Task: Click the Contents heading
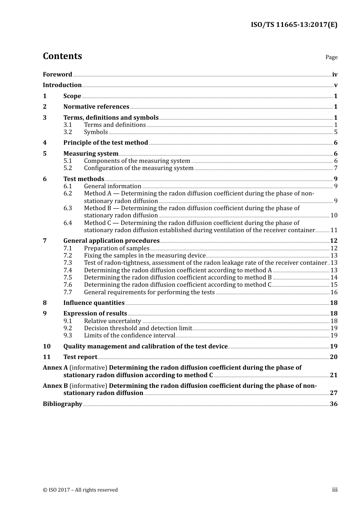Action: coord(62,56)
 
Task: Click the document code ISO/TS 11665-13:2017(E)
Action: coord(294,25)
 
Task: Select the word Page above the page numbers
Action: coord(331,57)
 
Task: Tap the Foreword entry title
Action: coord(57,75)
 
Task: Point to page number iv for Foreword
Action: coord(335,75)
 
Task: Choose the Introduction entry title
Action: coord(62,85)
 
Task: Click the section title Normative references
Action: coord(96,107)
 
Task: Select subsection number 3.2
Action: coord(68,132)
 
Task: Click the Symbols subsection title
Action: coord(96,132)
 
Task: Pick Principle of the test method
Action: coord(106,143)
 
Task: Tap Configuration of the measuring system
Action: coord(139,168)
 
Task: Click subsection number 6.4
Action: coord(68,223)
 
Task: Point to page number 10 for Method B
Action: coord(334,215)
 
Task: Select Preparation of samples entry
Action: coord(117,248)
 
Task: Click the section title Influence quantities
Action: coord(94,303)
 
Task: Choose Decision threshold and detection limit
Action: coord(138,328)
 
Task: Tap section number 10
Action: coord(47,347)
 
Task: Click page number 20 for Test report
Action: coord(333,357)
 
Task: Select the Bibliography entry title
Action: coord(63,404)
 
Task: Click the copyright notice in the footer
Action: coord(80,490)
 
